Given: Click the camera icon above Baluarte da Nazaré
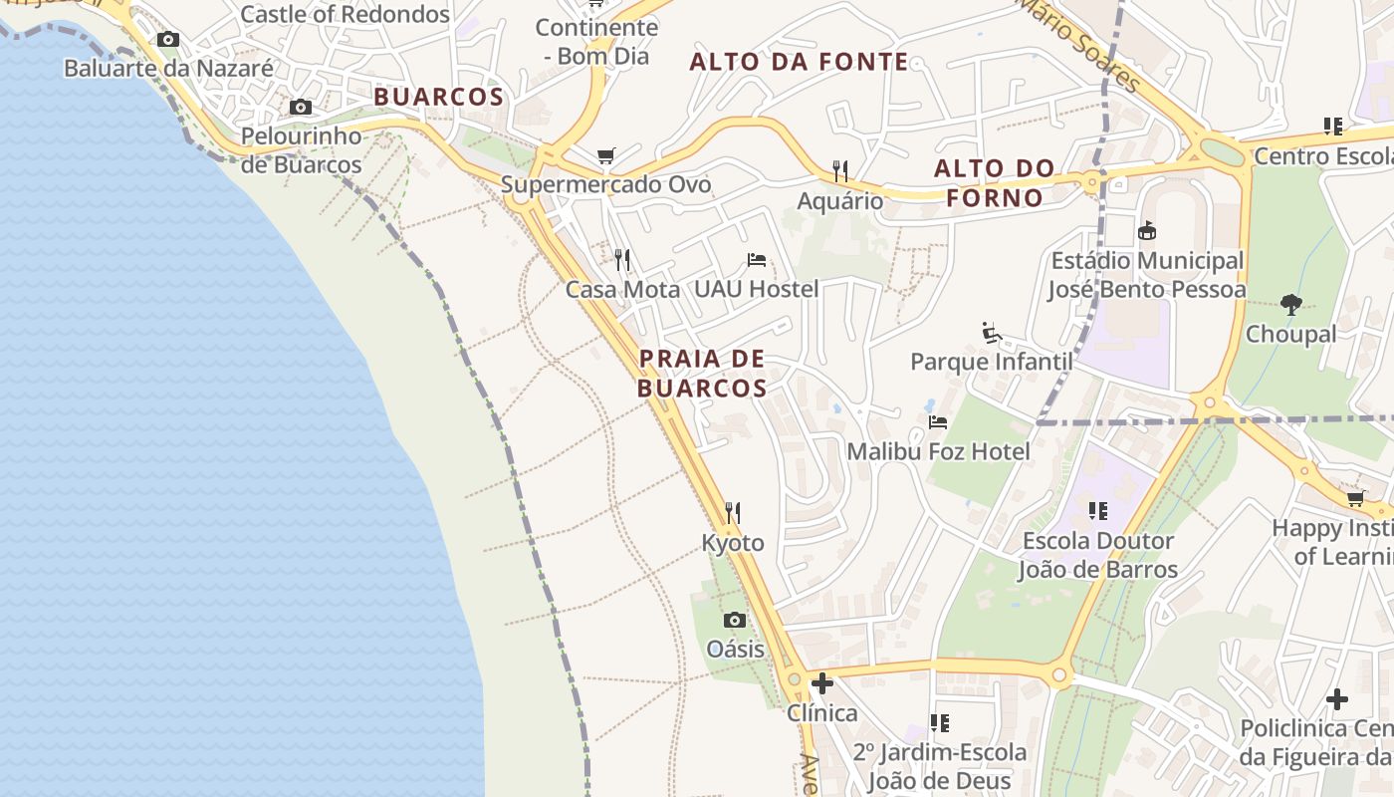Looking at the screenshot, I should click(168, 40).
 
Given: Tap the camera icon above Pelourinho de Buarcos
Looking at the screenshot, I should click(300, 107).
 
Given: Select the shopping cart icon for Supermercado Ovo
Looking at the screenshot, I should click(605, 155).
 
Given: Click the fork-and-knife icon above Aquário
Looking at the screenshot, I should click(840, 171).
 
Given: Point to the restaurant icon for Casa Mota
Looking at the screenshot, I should click(622, 260).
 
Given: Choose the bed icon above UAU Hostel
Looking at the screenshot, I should click(757, 260).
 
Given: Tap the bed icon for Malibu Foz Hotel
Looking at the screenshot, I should click(938, 422).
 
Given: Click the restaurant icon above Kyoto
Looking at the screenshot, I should click(733, 513).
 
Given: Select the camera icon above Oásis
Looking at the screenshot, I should click(735, 620).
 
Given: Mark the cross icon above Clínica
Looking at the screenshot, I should click(822, 683).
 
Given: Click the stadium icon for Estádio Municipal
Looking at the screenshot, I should click(1147, 231).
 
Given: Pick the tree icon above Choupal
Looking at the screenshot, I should click(1291, 304).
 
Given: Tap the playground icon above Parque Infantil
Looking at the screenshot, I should click(991, 332).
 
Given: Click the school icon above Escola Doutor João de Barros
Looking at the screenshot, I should click(1098, 511).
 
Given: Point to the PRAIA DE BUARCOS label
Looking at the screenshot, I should click(702, 373).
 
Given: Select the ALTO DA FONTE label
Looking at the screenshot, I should click(800, 62).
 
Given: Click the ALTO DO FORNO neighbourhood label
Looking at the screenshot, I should click(995, 182).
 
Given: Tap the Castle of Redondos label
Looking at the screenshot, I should click(345, 14).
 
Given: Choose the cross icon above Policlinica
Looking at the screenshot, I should click(1337, 699).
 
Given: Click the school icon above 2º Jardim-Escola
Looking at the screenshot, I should click(939, 722).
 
